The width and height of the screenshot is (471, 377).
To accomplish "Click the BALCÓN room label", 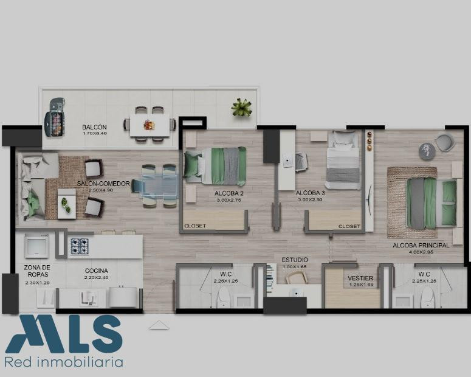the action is tap(94, 127).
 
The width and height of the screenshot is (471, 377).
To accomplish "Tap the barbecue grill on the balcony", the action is tap(55, 117).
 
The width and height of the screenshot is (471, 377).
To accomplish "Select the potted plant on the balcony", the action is tap(241, 107).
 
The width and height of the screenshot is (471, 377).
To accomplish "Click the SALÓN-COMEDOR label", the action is tap(103, 184).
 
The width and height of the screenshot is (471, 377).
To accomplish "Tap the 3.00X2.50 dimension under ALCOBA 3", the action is tap(310, 199).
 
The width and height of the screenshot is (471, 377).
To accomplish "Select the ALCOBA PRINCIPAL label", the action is tap(421, 245).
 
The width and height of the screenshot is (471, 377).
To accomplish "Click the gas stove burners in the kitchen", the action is tap(80, 246).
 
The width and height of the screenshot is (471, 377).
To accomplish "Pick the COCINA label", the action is tap(97, 271).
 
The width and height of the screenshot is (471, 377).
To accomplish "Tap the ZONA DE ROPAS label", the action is tap(37, 271).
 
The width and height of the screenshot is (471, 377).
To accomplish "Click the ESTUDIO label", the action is tap(295, 260).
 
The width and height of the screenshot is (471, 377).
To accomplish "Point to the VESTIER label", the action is tap(360, 278).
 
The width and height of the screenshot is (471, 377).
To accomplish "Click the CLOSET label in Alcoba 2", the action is tap(195, 226).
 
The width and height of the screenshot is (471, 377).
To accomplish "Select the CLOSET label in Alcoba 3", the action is tap(349, 226).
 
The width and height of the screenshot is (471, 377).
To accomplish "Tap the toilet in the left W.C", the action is tap(223, 297).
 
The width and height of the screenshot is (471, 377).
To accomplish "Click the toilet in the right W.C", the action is tap(427, 297).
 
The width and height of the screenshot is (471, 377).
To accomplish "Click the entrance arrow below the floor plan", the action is tap(159, 325).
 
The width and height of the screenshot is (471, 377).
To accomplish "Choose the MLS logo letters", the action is tap(64, 334).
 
